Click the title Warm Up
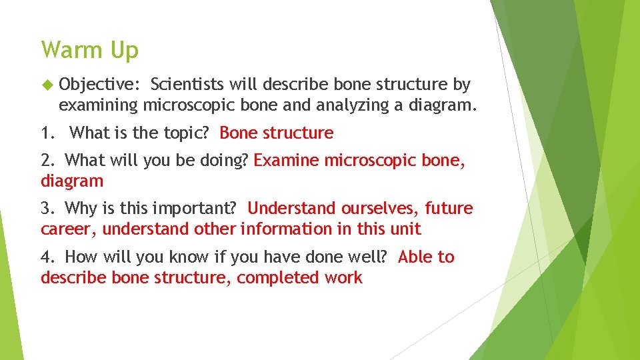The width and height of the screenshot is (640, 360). coord(89,50)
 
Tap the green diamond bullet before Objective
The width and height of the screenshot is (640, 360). coord(46,85)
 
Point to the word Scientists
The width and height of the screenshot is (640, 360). coord(189,85)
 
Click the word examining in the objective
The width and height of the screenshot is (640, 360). coord(98,105)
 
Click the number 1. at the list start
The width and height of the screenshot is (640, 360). coord(48,133)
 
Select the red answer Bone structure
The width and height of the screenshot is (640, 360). coord(276,133)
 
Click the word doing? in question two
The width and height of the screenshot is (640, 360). coord(227,161)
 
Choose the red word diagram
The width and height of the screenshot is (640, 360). coord(72,181)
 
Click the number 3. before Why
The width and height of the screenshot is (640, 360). coord(48,209)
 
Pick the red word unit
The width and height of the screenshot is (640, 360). coord(407,229)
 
